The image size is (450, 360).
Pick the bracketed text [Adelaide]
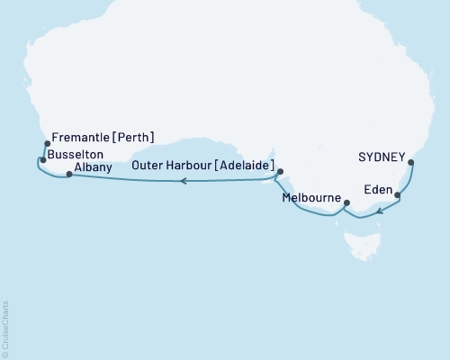(x=239, y=165)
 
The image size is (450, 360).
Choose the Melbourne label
(x=310, y=196)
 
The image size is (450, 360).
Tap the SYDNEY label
(x=381, y=155)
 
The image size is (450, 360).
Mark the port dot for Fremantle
(x=47, y=143)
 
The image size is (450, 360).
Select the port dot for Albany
(x=69, y=175)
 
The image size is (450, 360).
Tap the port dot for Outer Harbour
(x=280, y=171)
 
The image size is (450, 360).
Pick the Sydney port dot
(x=411, y=163)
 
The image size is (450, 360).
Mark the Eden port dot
(x=397, y=194)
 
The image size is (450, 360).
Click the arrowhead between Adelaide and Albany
(x=183, y=181)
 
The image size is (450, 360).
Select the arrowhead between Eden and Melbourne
(x=381, y=212)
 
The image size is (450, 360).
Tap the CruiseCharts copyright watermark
(x=5, y=328)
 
